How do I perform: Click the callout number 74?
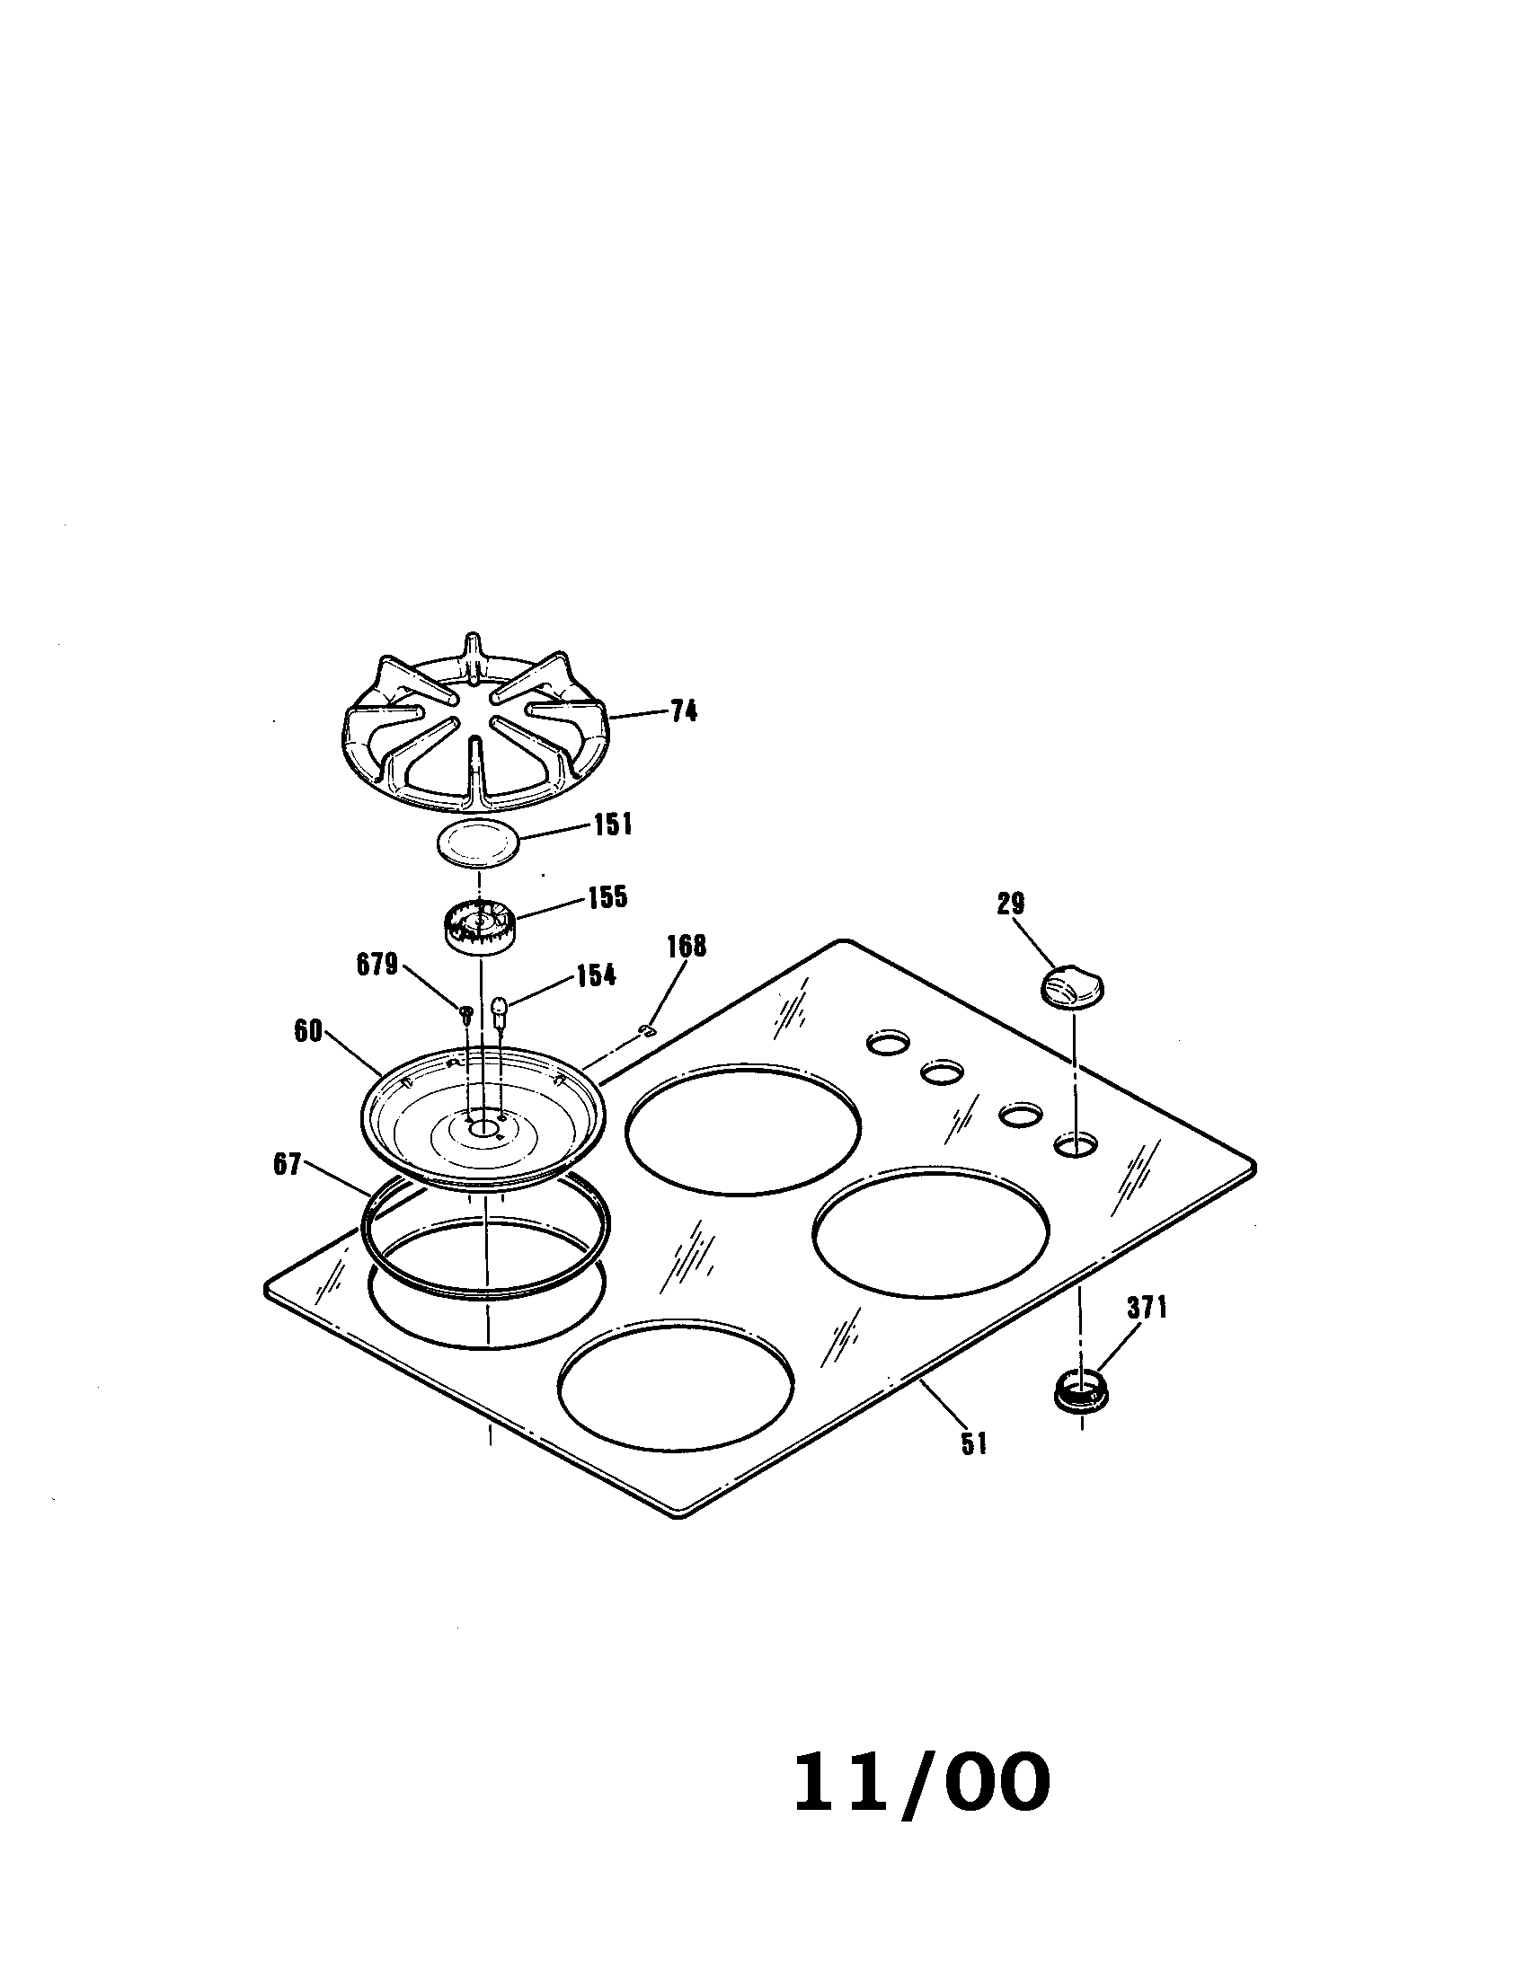point(684,712)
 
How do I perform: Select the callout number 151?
point(613,825)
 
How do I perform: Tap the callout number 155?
point(607,897)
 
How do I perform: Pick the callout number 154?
point(596,975)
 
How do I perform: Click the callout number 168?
point(687,948)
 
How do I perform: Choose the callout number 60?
point(307,1031)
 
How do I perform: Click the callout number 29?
point(1010,903)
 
